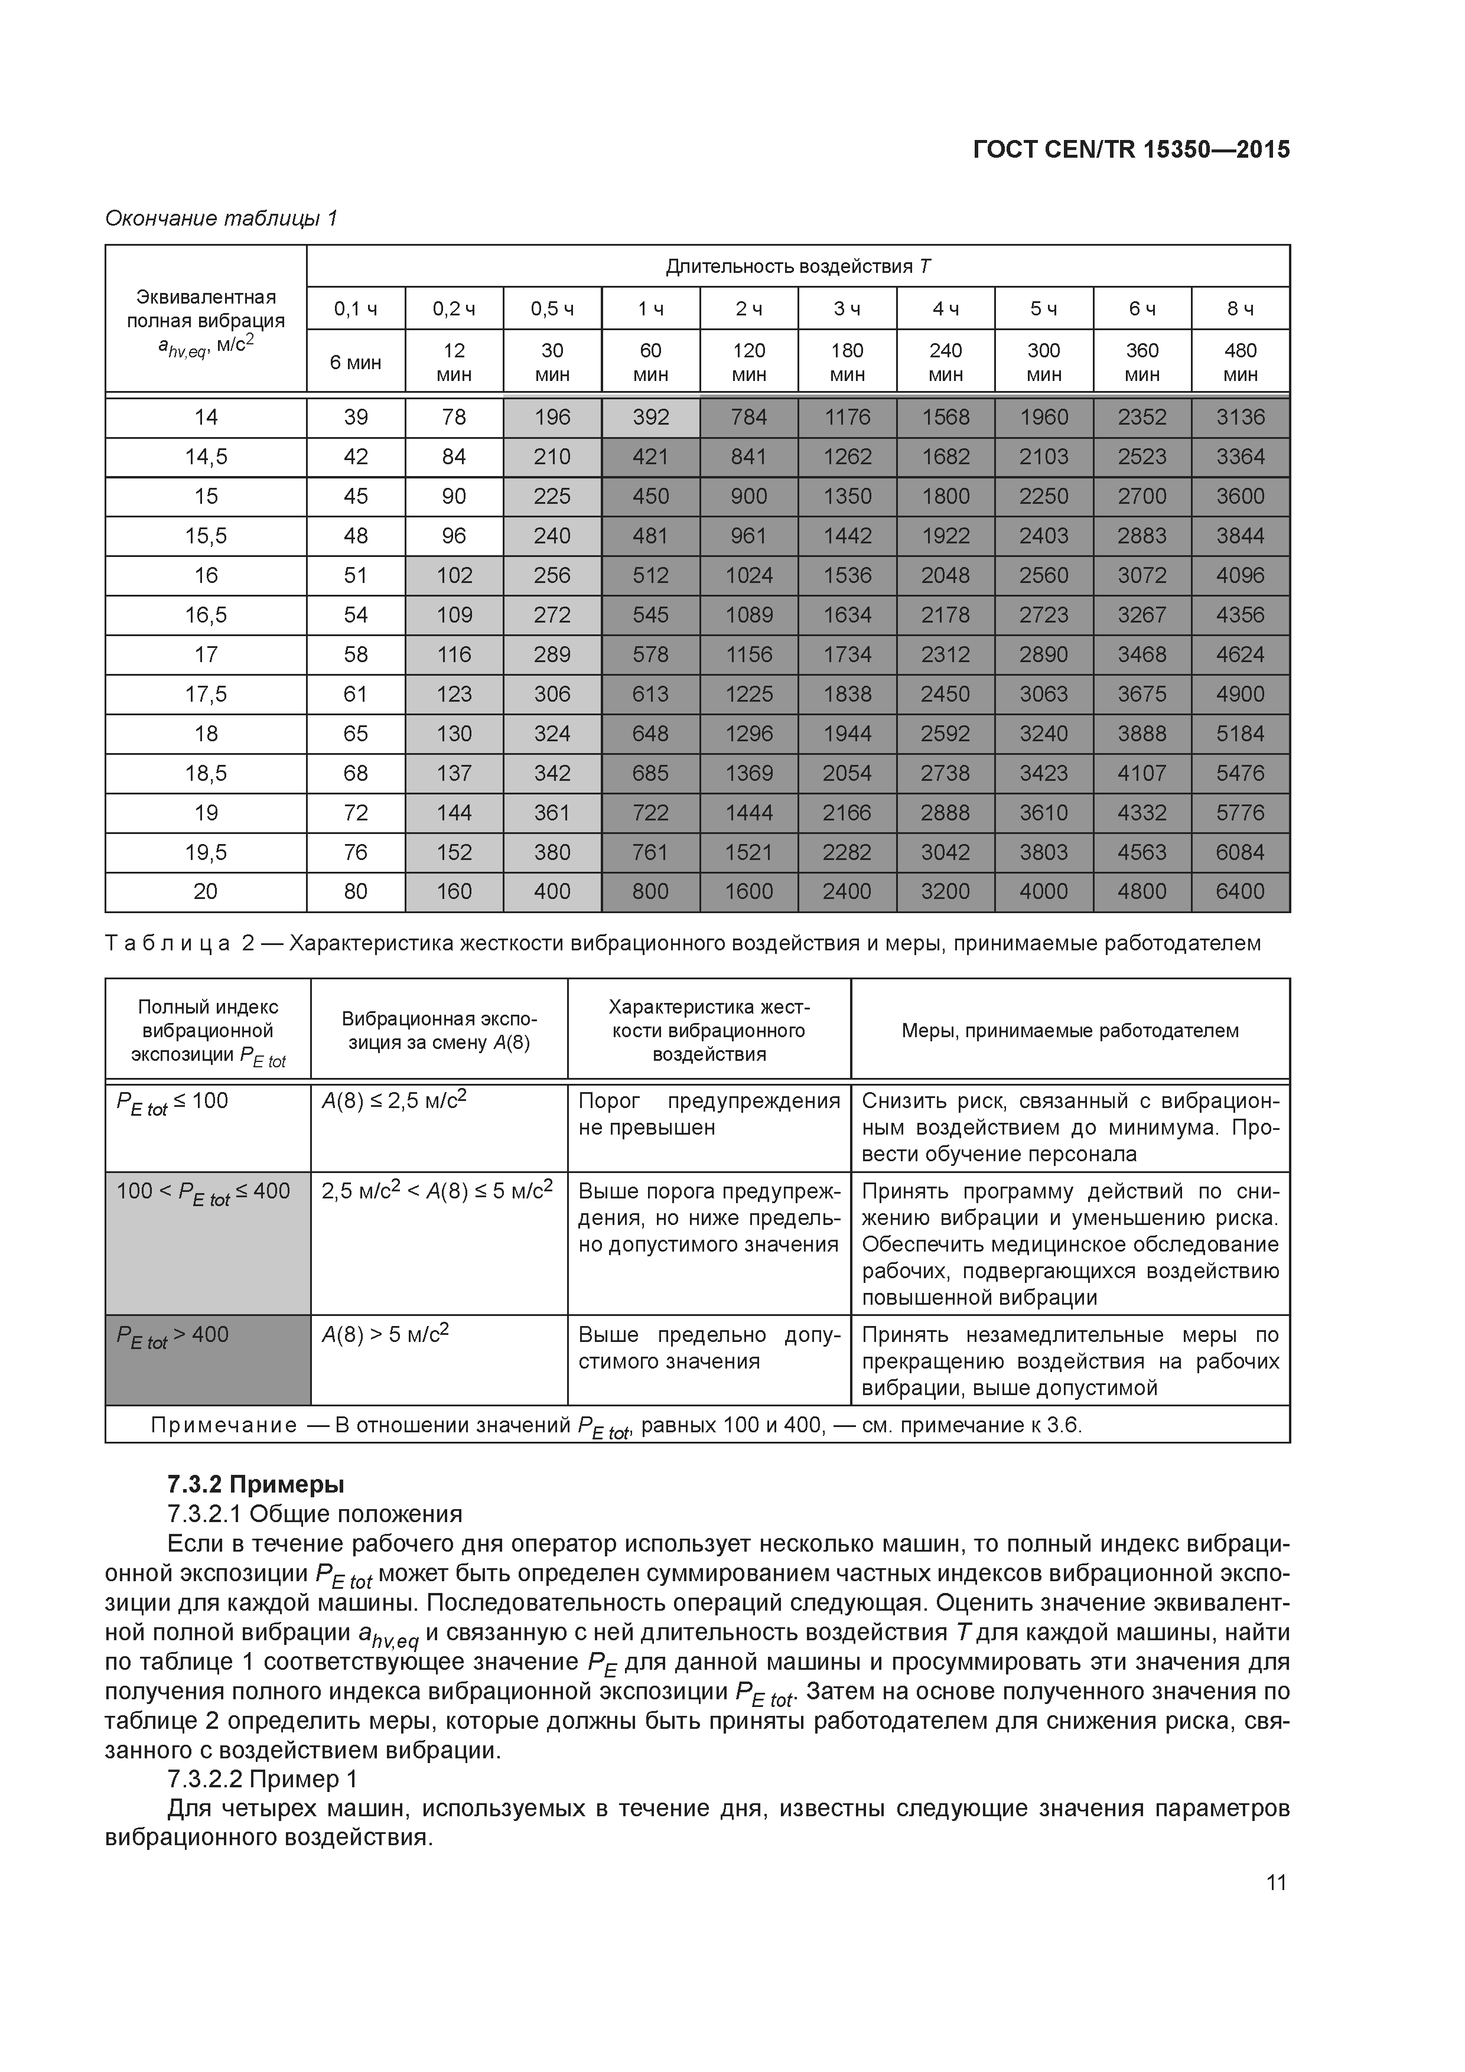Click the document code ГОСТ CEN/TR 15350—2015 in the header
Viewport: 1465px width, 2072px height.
coord(1131,150)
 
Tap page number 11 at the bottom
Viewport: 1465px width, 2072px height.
coord(1275,1882)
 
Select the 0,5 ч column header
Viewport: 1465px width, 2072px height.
coord(552,309)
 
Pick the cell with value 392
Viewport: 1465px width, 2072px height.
coord(650,417)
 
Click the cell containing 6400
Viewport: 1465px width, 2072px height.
coord(1241,892)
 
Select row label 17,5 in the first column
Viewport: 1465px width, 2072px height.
coord(206,694)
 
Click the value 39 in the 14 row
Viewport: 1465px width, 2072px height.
coord(356,417)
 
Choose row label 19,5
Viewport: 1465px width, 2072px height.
coord(206,852)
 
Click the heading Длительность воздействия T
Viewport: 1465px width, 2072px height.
coord(798,266)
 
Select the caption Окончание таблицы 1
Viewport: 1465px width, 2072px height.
coord(221,219)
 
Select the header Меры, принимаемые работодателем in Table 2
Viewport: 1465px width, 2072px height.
coord(1070,1031)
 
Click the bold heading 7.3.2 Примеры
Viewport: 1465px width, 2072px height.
coord(255,1484)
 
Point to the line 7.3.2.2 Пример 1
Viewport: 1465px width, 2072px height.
coord(262,1778)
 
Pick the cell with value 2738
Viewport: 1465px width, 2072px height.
coord(945,773)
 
